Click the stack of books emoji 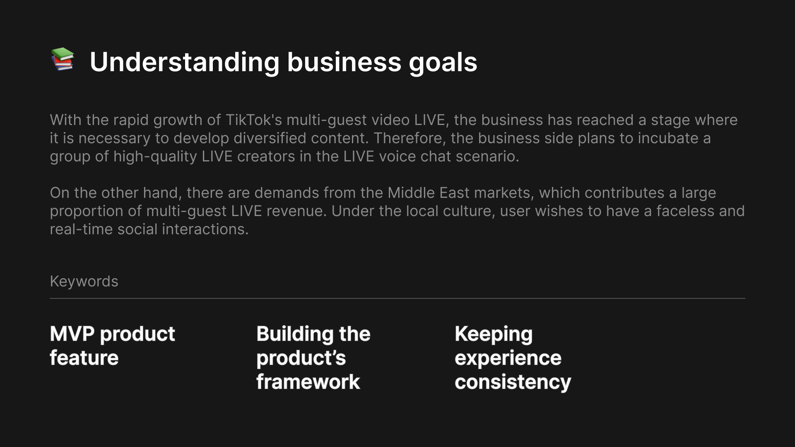tap(63, 59)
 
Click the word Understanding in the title tap(185, 62)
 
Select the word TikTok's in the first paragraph tap(254, 120)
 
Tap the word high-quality tap(155, 157)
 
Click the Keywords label tap(84, 281)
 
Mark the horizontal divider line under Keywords tap(397, 298)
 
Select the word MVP tap(72, 334)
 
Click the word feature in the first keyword tap(84, 358)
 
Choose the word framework tap(308, 382)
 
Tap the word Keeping tap(494, 334)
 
